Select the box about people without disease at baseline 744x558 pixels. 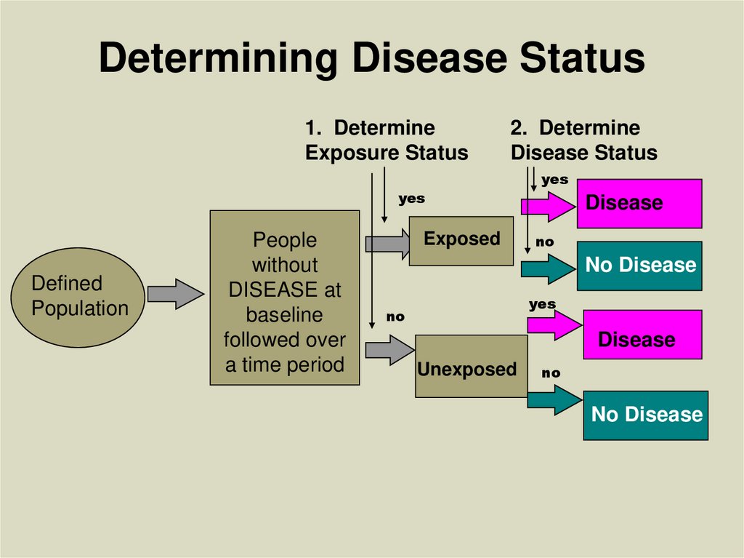285,298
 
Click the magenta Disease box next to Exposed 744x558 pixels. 639,203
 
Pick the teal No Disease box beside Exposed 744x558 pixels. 639,266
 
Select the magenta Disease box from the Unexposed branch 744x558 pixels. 642,335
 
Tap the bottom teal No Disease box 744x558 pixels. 645,415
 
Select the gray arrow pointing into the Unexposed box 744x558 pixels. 386,349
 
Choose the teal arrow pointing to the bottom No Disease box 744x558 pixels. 554,400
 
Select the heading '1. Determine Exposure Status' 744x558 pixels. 386,140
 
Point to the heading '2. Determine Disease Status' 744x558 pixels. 583,140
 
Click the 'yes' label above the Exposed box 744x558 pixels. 411,199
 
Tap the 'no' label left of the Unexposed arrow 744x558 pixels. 395,317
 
